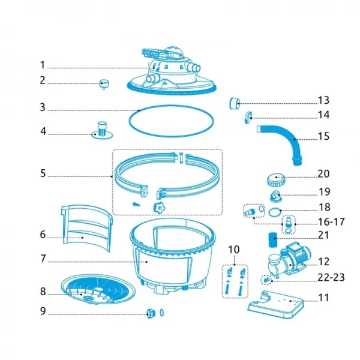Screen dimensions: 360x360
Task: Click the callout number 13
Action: pyautogui.click(x=323, y=100)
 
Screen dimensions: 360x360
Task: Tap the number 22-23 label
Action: pyautogui.click(x=331, y=278)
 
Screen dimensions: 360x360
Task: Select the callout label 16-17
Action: pyautogui.click(x=331, y=222)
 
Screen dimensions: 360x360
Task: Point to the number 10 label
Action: pyautogui.click(x=234, y=250)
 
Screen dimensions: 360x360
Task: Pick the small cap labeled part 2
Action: pyautogui.click(x=104, y=84)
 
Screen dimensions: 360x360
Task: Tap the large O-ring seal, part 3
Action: pyautogui.click(x=171, y=121)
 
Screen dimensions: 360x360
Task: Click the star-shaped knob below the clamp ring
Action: pyautogui.click(x=159, y=208)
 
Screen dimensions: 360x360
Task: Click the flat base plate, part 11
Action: pyautogui.click(x=275, y=304)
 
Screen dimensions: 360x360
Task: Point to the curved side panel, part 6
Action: pyautogui.click(x=86, y=228)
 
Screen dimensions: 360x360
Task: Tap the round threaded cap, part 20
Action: pyautogui.click(x=276, y=180)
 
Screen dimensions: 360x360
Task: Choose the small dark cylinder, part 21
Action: pyautogui.click(x=273, y=240)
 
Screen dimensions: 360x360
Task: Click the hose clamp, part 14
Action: pyautogui.click(x=248, y=118)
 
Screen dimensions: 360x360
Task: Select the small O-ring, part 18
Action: pyautogui.click(x=275, y=212)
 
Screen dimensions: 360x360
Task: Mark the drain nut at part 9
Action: pyautogui.click(x=151, y=313)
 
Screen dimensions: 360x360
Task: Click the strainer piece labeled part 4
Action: pyautogui.click(x=102, y=130)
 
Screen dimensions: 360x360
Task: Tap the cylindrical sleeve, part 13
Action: pyautogui.click(x=235, y=103)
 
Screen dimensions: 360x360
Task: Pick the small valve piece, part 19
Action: pyautogui.click(x=276, y=196)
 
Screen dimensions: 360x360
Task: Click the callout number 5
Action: pyautogui.click(x=43, y=173)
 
